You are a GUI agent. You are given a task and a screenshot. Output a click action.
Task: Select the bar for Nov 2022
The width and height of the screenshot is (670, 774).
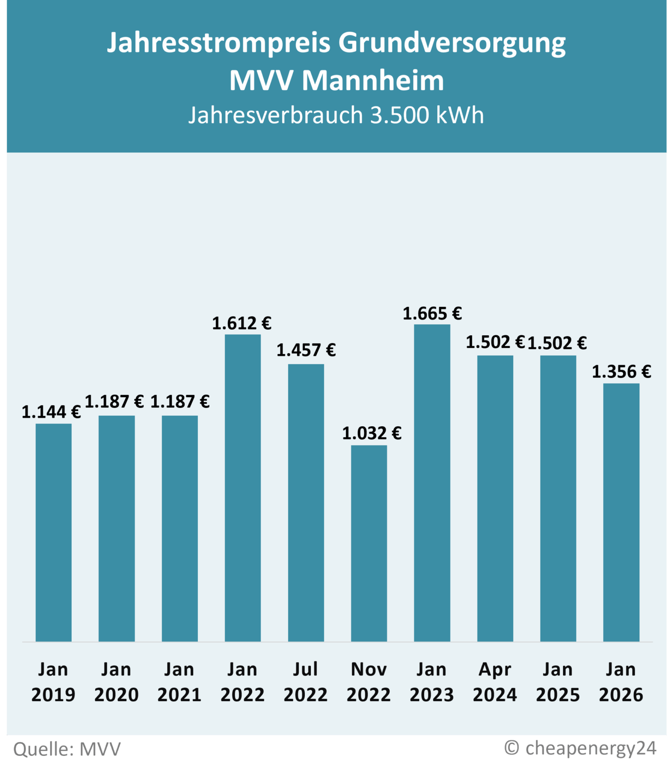[x=369, y=543]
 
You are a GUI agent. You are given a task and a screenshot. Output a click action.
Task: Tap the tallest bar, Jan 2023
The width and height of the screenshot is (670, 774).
[x=432, y=483]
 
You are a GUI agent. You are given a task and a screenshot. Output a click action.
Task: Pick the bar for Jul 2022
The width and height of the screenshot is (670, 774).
[x=306, y=503]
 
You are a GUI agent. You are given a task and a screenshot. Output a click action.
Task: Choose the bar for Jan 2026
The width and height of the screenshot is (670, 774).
[x=621, y=512]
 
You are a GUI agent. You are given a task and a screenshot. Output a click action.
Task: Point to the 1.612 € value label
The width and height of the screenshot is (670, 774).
[x=242, y=324]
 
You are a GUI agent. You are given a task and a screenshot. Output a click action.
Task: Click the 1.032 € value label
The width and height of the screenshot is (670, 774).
[x=372, y=433]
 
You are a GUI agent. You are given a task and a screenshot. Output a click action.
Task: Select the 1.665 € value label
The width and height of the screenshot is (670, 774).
[x=432, y=314]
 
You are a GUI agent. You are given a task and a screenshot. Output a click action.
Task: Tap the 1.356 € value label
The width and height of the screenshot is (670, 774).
[x=621, y=372]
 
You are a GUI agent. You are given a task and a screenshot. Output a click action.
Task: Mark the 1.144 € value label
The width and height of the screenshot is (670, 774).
[x=51, y=412]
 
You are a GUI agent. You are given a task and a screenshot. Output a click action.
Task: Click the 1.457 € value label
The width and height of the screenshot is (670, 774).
[x=306, y=350]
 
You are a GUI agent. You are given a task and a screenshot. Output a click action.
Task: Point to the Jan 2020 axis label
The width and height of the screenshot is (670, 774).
[x=116, y=682]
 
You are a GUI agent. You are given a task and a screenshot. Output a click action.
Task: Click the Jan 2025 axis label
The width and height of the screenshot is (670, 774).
[x=558, y=682]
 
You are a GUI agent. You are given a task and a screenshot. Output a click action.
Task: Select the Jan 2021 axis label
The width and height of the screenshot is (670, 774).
[x=179, y=682]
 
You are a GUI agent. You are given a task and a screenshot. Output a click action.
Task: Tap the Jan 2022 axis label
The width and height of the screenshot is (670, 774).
[x=242, y=682]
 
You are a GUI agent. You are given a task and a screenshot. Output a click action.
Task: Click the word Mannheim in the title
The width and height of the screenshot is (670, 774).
[x=373, y=80]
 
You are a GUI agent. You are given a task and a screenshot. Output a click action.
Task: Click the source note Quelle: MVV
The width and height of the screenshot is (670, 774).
[x=67, y=749]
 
